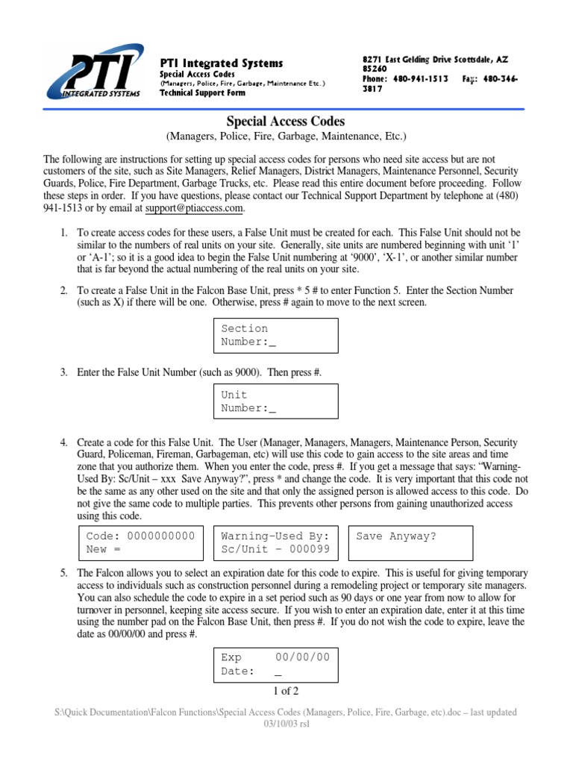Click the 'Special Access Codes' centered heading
(x=286, y=122)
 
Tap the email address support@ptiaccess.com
(x=194, y=207)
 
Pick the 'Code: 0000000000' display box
(x=141, y=542)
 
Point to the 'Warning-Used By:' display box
(x=275, y=542)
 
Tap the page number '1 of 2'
(x=286, y=691)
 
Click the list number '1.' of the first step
(x=64, y=233)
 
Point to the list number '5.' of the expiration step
(x=64, y=573)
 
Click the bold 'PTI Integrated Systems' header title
(x=222, y=63)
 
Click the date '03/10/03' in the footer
(x=275, y=724)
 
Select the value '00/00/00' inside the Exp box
(x=302, y=657)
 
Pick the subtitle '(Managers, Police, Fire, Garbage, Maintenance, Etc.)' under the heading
(x=286, y=137)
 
